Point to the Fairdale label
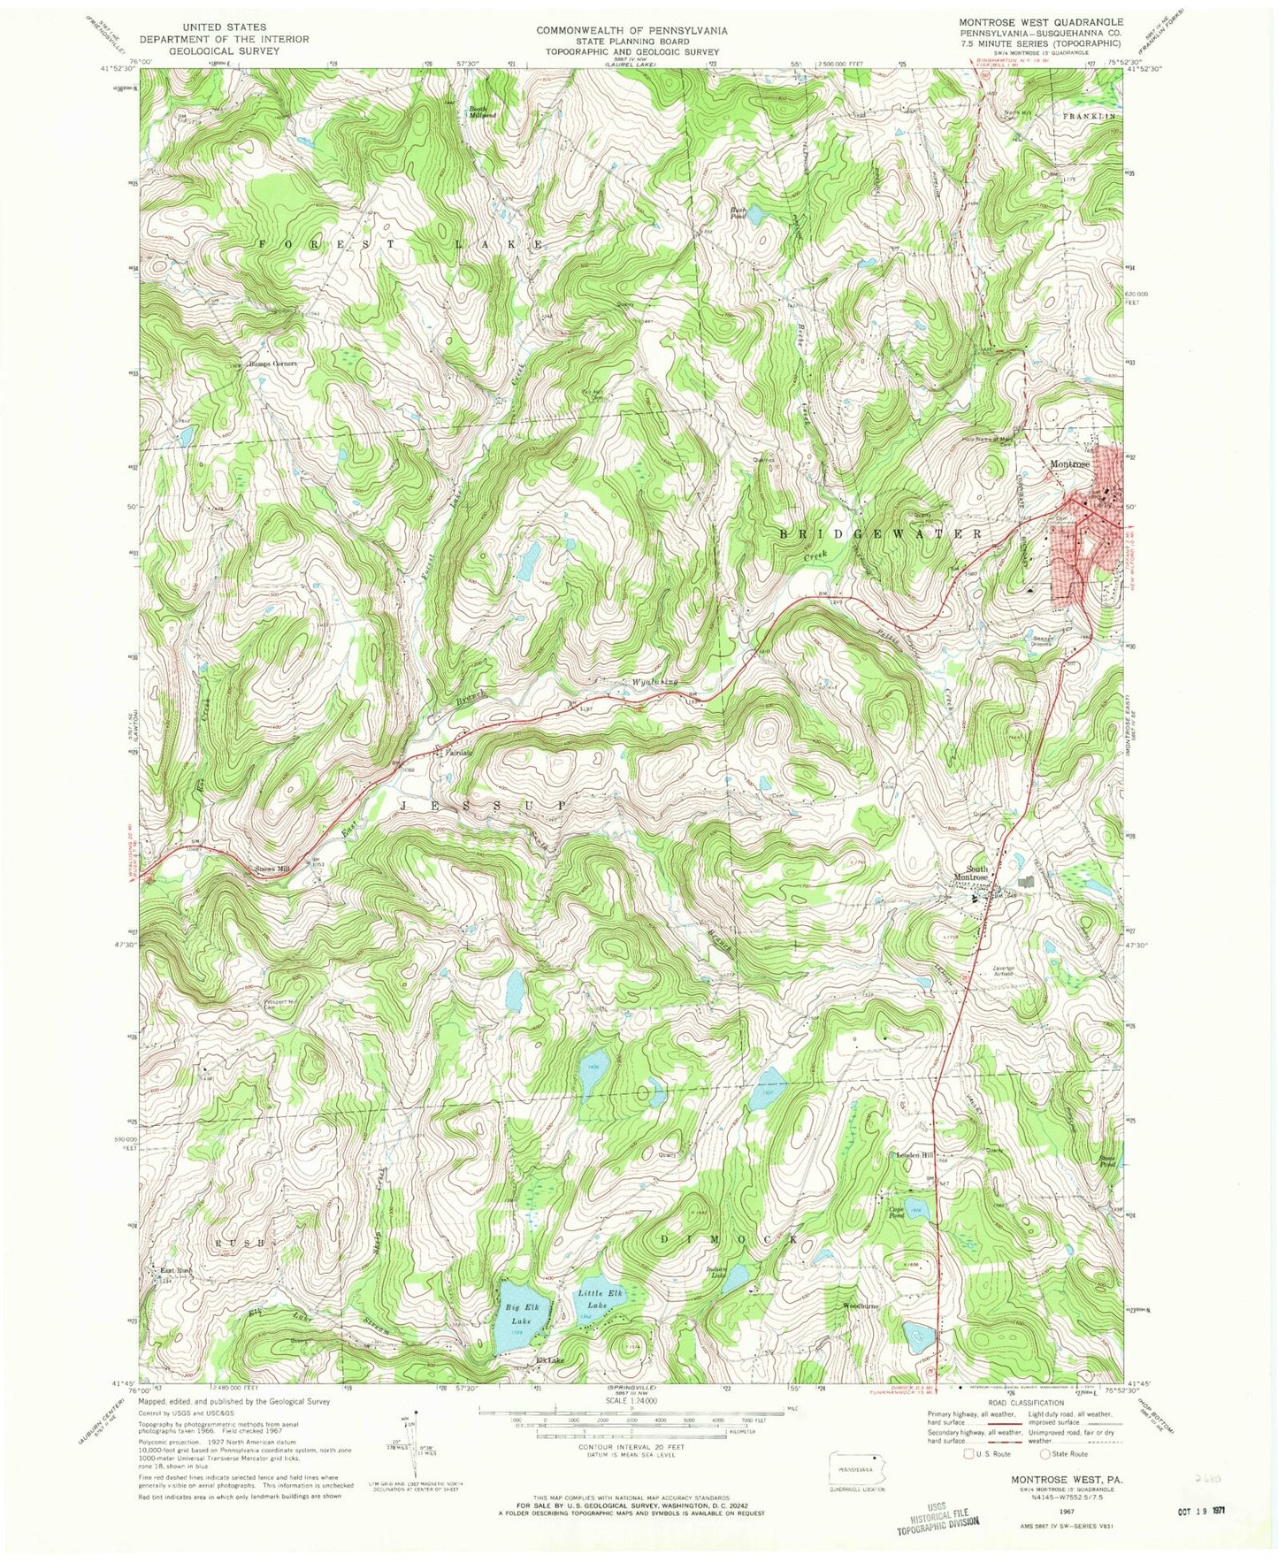(x=457, y=753)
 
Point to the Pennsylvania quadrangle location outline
(x=856, y=1474)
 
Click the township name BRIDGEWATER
(x=881, y=534)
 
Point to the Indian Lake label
(x=716, y=1273)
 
